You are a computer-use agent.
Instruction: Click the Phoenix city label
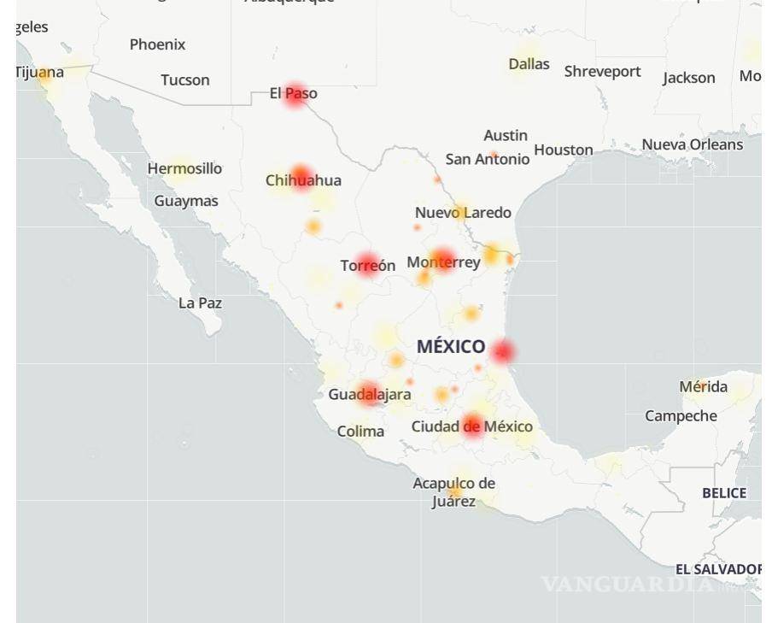pyautogui.click(x=157, y=44)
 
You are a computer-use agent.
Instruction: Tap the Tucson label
pyautogui.click(x=184, y=80)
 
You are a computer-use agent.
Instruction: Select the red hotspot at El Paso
pyautogui.click(x=295, y=94)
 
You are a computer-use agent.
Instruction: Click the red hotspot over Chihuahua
pyautogui.click(x=301, y=177)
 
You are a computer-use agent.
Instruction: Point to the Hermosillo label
pyautogui.click(x=184, y=168)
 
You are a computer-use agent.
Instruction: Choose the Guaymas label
pyautogui.click(x=186, y=201)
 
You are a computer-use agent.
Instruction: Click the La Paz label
pyautogui.click(x=200, y=303)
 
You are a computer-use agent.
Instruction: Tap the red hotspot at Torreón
pyautogui.click(x=367, y=265)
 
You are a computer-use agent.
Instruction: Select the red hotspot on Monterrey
pyautogui.click(x=442, y=260)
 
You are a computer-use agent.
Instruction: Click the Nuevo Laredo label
pyautogui.click(x=463, y=213)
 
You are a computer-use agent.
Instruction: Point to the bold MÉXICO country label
pyautogui.click(x=451, y=347)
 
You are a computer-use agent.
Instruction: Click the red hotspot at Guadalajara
pyautogui.click(x=369, y=394)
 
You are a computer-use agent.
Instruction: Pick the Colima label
pyautogui.click(x=360, y=432)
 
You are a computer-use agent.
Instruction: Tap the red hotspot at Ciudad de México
pyautogui.click(x=473, y=426)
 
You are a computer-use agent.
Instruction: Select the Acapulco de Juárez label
pyautogui.click(x=453, y=492)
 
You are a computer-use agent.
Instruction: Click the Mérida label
pyautogui.click(x=703, y=387)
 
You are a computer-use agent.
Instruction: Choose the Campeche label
pyautogui.click(x=681, y=416)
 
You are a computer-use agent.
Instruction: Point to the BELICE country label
pyautogui.click(x=723, y=493)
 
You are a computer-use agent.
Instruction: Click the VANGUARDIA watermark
pyautogui.click(x=628, y=585)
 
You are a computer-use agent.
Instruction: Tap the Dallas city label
pyautogui.click(x=529, y=64)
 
